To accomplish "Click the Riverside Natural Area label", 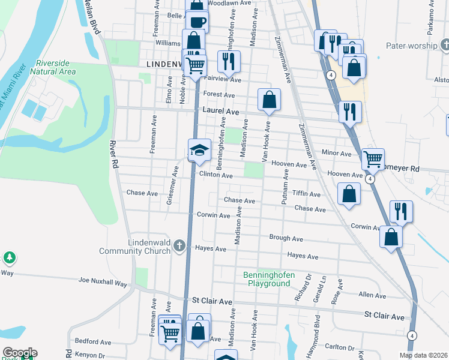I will coord(56,67).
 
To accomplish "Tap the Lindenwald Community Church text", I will coord(149,247).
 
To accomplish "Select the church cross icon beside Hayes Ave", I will coord(179,245).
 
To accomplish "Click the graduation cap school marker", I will coord(200,150).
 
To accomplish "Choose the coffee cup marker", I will coord(197,22).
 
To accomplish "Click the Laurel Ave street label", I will coord(221,112).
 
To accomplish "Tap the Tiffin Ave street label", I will coord(306,194).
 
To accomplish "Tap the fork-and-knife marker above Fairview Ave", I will coord(229,61).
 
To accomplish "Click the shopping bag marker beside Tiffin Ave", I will coord(349,194).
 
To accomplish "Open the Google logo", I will coord(19,353).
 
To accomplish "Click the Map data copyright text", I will coord(423,355).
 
